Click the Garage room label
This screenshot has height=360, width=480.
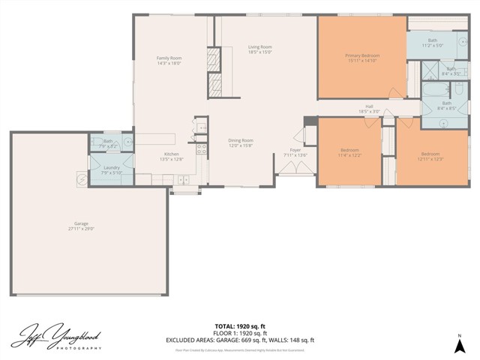click(x=83, y=225)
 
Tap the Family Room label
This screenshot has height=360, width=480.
click(x=169, y=58)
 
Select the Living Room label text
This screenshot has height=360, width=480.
click(x=259, y=48)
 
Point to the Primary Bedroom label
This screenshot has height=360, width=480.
click(x=362, y=55)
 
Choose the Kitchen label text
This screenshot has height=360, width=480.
click(x=171, y=154)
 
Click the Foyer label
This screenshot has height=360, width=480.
click(x=295, y=150)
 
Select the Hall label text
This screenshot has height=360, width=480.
click(x=369, y=106)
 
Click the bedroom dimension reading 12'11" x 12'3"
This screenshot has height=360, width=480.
click(x=430, y=159)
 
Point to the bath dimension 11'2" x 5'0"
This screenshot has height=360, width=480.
click(x=433, y=46)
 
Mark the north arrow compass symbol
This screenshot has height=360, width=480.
click(x=459, y=345)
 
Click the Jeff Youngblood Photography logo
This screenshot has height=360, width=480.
click(x=57, y=335)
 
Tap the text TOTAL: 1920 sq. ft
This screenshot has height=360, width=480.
click(x=240, y=326)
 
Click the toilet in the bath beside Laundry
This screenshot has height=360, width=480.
click(x=127, y=140)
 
